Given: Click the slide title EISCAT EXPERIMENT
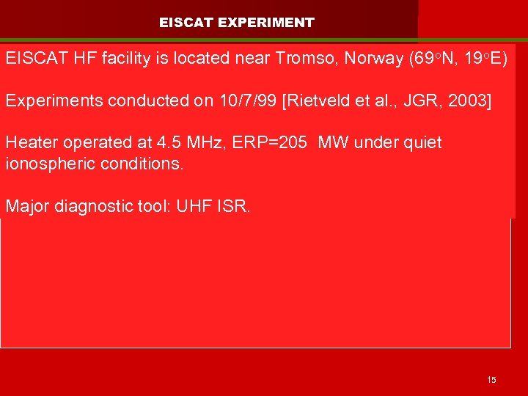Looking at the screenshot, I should (x=236, y=23).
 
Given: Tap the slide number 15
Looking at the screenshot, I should (x=491, y=379).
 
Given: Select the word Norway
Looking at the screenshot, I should (x=370, y=59).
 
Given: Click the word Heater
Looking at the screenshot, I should (x=30, y=142).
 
